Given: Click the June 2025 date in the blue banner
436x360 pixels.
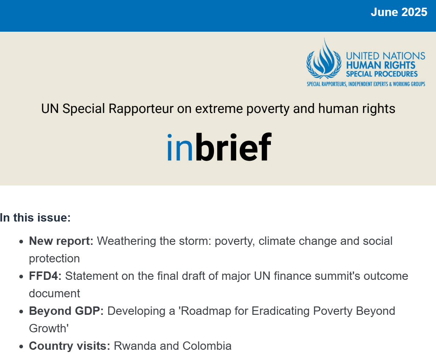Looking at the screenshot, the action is [x=399, y=12].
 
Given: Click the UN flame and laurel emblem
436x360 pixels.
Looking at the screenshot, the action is [x=324, y=59].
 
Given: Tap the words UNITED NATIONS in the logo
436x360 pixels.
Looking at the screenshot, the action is [x=385, y=56].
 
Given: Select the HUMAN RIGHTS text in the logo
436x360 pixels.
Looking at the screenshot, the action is [x=380, y=65].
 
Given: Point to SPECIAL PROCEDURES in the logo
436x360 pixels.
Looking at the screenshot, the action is [x=382, y=74].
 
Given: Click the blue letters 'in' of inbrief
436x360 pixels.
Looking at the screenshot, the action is [x=180, y=147].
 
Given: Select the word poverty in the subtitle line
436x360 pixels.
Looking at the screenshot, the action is [x=268, y=109].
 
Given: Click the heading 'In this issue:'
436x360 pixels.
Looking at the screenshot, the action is [x=35, y=218].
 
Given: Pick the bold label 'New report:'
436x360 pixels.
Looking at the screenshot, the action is [x=61, y=241].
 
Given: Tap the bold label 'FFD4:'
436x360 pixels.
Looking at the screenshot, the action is [x=45, y=276].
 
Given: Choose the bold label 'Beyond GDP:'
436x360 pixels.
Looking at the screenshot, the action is [x=66, y=311].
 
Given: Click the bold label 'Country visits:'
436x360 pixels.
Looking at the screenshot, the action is [x=70, y=346].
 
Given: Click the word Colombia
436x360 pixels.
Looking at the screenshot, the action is [x=207, y=346].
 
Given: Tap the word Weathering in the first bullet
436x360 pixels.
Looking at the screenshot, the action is [x=126, y=241].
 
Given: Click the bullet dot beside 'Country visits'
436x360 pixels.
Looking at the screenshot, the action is [x=22, y=347].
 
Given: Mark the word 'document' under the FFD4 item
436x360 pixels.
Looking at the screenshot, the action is [x=55, y=294].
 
